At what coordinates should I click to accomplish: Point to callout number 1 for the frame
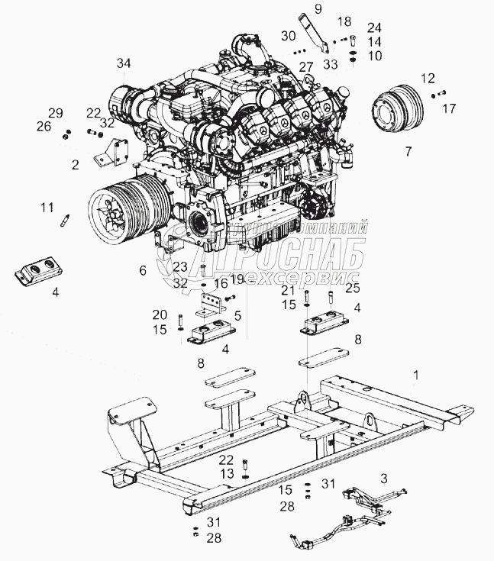(416, 375)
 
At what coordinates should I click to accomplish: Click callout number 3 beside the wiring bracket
(384, 477)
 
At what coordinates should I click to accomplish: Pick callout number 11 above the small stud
(47, 206)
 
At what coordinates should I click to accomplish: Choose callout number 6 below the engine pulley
(142, 269)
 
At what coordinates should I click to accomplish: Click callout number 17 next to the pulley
(448, 109)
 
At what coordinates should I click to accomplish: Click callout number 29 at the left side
(56, 112)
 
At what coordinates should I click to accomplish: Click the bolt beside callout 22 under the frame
(244, 463)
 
